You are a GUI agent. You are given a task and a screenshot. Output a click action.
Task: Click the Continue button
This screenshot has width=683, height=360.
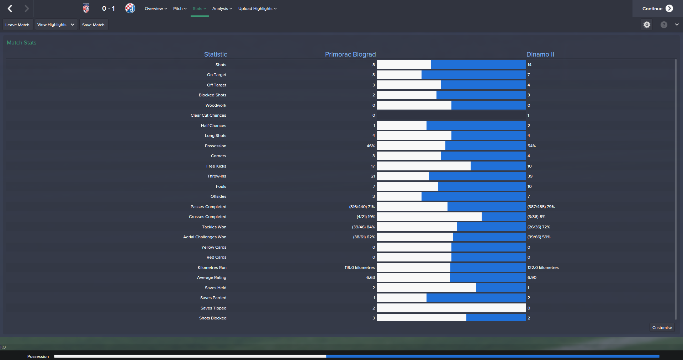pyautogui.click(x=657, y=9)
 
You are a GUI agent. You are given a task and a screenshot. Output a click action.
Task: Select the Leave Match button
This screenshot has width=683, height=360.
pyautogui.click(x=17, y=25)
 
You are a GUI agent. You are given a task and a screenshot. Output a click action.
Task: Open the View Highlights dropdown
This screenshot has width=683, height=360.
pyautogui.click(x=56, y=25)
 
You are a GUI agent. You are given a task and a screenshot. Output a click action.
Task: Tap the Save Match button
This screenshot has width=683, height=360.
pyautogui.click(x=93, y=25)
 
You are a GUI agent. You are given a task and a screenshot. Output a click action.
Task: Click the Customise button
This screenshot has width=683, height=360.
pyautogui.click(x=662, y=328)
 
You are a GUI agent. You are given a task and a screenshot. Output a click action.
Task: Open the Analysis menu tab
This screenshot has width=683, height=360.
pyautogui.click(x=222, y=9)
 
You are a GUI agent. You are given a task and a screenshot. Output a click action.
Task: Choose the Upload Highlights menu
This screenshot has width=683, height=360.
pyautogui.click(x=257, y=9)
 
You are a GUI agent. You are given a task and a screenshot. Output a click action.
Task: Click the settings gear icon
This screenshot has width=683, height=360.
pyautogui.click(x=647, y=25)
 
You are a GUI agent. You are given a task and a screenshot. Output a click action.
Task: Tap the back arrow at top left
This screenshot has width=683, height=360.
pyautogui.click(x=10, y=9)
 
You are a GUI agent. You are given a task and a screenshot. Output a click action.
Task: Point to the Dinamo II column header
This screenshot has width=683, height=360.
pyautogui.click(x=540, y=54)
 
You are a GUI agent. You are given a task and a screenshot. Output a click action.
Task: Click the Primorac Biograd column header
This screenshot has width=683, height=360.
pyautogui.click(x=350, y=54)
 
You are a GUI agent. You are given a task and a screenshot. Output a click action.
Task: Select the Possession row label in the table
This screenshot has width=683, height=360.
pyautogui.click(x=215, y=146)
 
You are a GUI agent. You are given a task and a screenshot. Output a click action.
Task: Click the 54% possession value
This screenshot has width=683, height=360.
pyautogui.click(x=531, y=146)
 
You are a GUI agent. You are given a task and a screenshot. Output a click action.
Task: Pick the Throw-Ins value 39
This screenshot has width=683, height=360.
pyautogui.click(x=530, y=176)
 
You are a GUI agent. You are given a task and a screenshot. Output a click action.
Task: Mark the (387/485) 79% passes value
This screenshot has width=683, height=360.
pyautogui.click(x=541, y=207)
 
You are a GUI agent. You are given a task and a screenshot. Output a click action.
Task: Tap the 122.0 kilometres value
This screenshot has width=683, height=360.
pyautogui.click(x=543, y=268)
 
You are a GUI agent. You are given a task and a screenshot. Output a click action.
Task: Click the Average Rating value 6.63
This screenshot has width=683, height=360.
pyautogui.click(x=370, y=277)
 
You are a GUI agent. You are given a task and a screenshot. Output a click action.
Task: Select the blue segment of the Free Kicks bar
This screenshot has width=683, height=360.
pyautogui.click(x=498, y=166)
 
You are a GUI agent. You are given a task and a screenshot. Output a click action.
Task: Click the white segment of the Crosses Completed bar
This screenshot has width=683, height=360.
pyautogui.click(x=429, y=217)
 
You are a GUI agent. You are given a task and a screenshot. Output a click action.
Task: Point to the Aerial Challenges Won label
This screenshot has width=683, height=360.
pyautogui.click(x=205, y=237)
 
